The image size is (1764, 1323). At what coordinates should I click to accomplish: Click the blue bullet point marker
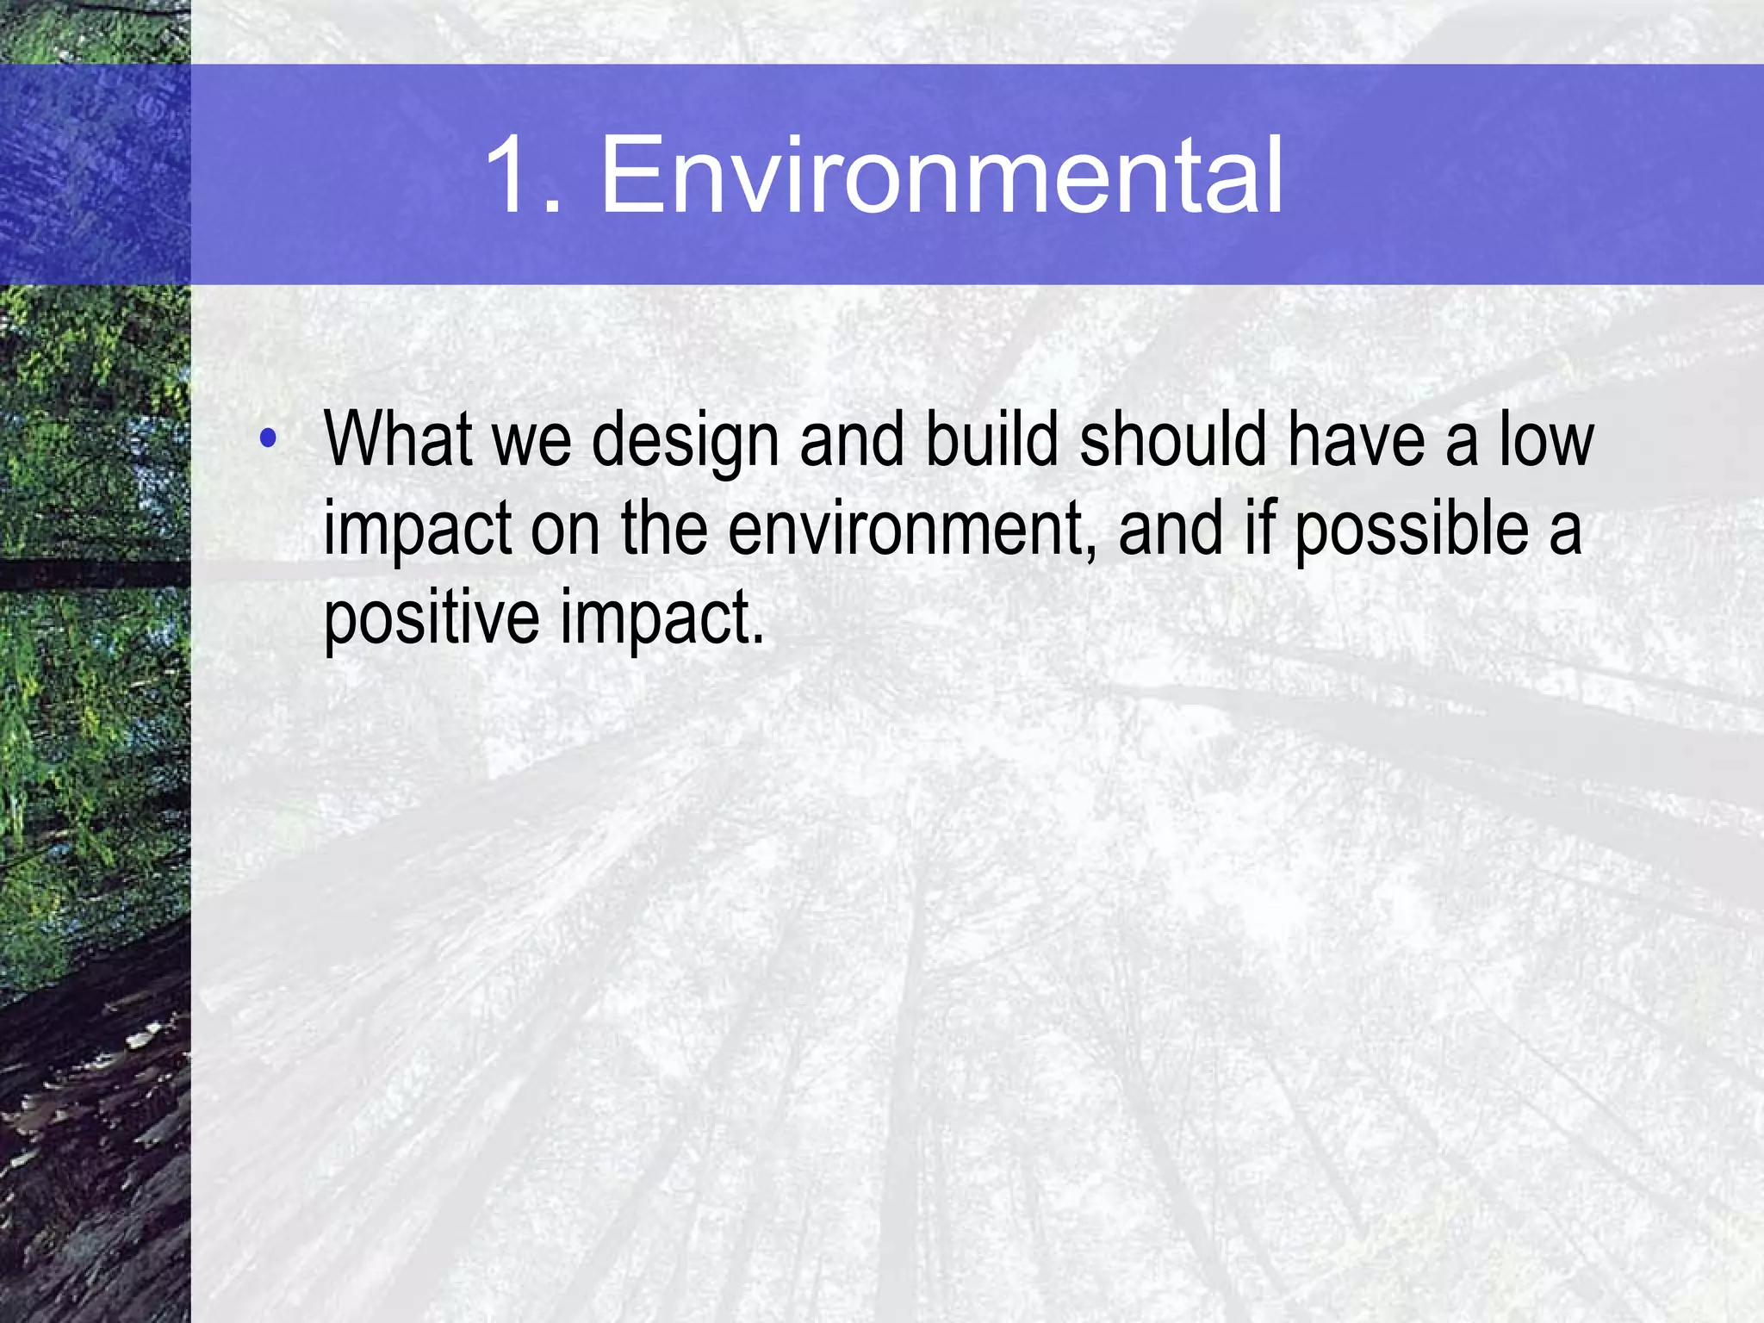click(268, 438)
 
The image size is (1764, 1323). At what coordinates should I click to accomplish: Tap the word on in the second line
click(565, 531)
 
